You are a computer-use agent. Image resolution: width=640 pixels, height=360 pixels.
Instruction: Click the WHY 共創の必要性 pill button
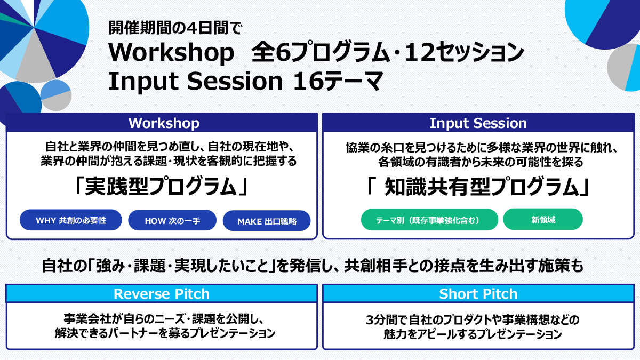point(71,220)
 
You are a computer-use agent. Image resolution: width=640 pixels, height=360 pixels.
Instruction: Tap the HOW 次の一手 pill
point(172,220)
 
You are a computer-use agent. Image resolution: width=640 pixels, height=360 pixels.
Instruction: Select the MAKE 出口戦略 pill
point(267,221)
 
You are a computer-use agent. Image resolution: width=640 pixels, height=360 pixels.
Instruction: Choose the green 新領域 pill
point(543,219)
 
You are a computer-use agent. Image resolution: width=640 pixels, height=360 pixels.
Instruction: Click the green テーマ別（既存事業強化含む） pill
point(429,220)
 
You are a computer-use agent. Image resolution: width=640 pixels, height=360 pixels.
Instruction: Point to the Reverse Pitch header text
point(162,294)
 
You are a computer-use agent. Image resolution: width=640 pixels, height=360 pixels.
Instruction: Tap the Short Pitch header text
point(478,294)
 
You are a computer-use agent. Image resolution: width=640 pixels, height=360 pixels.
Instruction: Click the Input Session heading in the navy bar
point(478,123)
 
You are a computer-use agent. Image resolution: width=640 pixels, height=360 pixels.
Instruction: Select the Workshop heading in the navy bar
point(164,123)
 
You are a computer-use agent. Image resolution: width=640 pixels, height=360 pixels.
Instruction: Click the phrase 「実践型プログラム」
point(162,186)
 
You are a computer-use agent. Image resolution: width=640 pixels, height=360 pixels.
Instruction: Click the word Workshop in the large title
point(171,53)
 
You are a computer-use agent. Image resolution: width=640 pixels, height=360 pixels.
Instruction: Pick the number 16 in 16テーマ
point(309,81)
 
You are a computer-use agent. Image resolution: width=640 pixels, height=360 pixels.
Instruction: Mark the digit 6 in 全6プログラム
point(284,53)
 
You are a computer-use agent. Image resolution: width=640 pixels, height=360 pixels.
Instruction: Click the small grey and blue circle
point(56,95)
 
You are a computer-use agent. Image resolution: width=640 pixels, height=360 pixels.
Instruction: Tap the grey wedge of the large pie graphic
point(35,61)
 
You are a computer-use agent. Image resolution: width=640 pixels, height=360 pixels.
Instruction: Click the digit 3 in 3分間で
point(370,320)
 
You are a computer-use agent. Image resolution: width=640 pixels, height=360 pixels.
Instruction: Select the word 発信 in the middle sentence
point(302,266)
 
